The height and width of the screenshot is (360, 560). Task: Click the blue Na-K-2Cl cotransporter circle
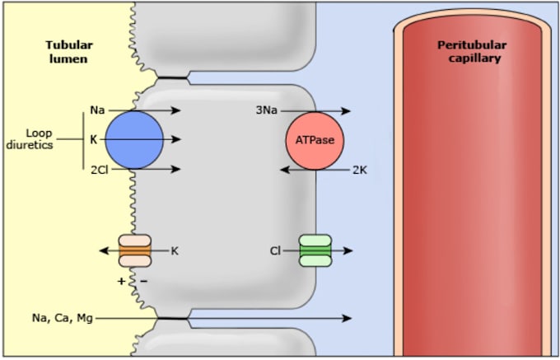point(134,140)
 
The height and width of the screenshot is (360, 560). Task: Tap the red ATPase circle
point(315,141)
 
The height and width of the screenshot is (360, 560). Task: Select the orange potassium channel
point(134,250)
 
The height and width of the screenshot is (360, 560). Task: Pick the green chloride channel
point(315,250)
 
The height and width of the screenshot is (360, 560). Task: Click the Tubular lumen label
point(69,52)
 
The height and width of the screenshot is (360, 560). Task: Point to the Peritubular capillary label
point(472,52)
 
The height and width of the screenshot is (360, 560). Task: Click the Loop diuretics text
point(30,139)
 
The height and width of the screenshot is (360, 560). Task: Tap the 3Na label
point(267,110)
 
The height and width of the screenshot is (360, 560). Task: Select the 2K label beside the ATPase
point(360,170)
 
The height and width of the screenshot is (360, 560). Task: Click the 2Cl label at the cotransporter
point(100,170)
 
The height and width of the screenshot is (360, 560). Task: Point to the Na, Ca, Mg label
point(63,318)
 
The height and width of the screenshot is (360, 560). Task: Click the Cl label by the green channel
point(275,251)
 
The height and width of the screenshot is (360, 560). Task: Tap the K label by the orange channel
point(175,251)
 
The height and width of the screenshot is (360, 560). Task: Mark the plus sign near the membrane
point(121,282)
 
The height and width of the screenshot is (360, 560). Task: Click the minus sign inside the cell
point(143,282)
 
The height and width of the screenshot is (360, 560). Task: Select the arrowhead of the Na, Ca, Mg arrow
point(348,318)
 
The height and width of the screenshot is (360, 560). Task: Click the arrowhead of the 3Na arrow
point(346,111)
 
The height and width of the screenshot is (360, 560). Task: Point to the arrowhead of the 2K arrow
point(285,170)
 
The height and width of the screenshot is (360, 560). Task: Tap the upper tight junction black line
point(172,77)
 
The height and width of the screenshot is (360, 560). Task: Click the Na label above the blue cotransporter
point(97,110)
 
